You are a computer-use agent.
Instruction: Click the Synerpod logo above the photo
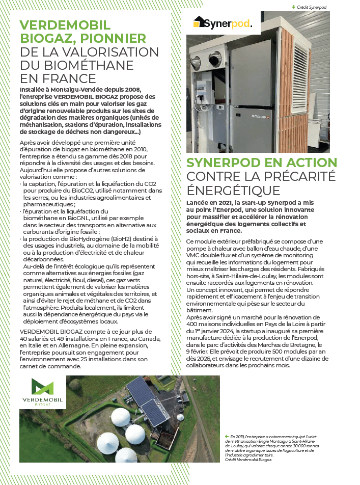(222, 23)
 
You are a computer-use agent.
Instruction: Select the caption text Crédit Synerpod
(312, 7)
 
